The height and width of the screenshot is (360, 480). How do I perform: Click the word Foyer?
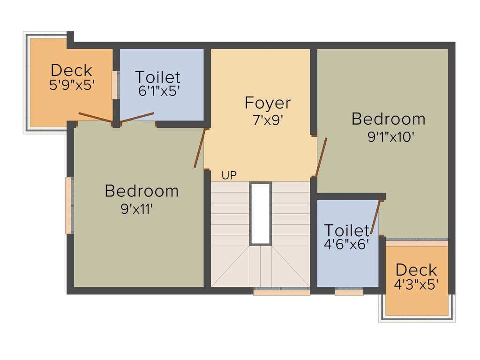coord(268,103)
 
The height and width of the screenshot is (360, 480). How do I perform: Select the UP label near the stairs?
coord(229,175)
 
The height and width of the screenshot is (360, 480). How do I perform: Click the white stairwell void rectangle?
coord(260,213)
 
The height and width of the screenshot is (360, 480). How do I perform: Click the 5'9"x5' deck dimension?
coord(72,85)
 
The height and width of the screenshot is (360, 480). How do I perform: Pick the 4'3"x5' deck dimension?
coord(416,285)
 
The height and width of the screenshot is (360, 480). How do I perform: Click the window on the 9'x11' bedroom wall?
coord(68,205)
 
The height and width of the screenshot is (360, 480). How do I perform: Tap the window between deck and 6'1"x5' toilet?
coord(114,85)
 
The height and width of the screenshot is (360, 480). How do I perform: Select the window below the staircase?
coord(282,292)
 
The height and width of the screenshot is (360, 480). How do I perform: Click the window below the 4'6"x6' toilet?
coord(349,292)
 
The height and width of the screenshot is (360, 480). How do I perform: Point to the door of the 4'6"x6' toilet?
coord(375,217)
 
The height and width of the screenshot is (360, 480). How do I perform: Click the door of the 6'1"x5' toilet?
coord(137,118)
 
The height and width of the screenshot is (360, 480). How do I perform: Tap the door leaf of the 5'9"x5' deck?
coord(95,117)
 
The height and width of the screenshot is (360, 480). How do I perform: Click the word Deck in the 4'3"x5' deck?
coord(416,270)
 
